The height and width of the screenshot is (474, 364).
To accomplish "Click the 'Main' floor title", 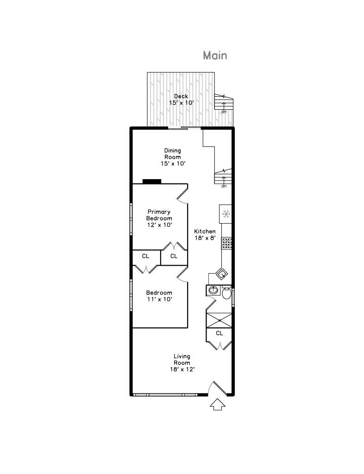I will pos(215,56).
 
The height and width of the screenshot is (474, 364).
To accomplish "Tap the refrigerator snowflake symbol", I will pos(226,214).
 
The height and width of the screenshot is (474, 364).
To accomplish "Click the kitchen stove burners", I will pos(227,243).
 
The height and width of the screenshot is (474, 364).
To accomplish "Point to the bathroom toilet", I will pos(226,293).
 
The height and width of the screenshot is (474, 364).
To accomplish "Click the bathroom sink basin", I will pos(213,291).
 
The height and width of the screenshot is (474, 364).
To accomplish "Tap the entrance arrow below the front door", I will pos(218,405).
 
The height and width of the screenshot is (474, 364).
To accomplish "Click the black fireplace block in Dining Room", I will pos(151,181).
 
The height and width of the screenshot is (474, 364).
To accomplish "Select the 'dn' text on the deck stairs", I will pos(224,112).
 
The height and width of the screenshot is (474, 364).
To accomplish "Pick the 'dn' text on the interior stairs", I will pos(224,186).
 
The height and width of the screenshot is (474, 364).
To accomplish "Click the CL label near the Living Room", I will pos(220,333).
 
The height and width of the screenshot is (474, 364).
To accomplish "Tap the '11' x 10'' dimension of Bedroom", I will pos(159,299).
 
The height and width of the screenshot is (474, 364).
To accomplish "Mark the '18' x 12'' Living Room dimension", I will pos(182,369).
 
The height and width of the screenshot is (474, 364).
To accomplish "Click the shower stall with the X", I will pos(220,320).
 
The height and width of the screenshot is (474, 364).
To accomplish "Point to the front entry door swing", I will pos(218,388).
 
